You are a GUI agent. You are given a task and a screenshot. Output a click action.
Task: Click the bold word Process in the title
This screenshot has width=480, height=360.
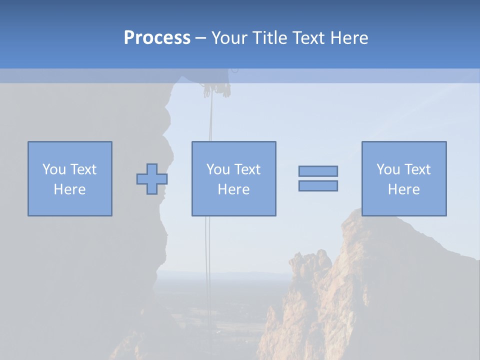click(x=157, y=38)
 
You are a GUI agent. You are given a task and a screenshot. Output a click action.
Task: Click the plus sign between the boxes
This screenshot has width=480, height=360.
click(x=152, y=179)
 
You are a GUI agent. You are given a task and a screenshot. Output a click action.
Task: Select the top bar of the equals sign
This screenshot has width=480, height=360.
click(x=318, y=171)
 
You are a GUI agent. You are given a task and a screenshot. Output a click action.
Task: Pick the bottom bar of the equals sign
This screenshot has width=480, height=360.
click(x=318, y=185)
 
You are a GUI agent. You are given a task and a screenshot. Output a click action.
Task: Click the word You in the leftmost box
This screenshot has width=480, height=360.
click(x=54, y=169)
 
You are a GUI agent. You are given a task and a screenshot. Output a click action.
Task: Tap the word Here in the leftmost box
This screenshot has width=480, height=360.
click(x=69, y=189)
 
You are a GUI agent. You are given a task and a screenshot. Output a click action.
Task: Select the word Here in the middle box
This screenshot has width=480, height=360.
click(x=233, y=189)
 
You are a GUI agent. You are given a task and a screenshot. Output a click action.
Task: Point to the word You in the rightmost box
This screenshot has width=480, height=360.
click(x=388, y=169)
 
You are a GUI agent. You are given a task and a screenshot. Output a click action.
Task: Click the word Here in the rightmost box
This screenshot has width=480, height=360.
click(x=403, y=189)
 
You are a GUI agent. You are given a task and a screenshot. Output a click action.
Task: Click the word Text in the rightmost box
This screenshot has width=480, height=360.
click(x=417, y=169)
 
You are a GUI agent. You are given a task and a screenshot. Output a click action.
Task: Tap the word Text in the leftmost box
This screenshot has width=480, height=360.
click(x=83, y=169)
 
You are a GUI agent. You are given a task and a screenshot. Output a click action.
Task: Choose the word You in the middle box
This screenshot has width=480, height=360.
click(x=218, y=169)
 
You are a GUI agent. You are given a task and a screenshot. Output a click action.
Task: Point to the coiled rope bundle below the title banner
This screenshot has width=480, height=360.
click(x=216, y=90)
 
